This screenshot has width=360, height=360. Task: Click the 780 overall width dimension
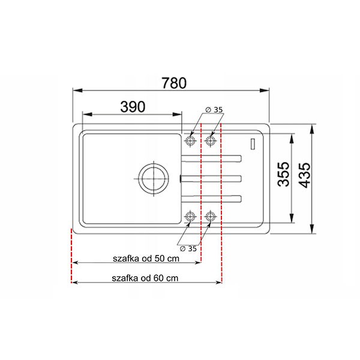[174, 83]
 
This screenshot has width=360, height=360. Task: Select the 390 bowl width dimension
[133, 107]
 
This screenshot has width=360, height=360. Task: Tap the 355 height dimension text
[283, 174]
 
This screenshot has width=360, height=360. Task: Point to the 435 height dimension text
[305, 175]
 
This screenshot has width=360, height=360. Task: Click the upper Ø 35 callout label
[214, 110]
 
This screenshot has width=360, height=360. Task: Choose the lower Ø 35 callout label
[188, 248]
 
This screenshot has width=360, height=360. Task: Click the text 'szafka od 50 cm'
[146, 259]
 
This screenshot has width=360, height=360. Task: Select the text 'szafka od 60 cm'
[145, 278]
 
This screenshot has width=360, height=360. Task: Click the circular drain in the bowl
[154, 179]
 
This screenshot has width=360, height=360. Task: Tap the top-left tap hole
[190, 140]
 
